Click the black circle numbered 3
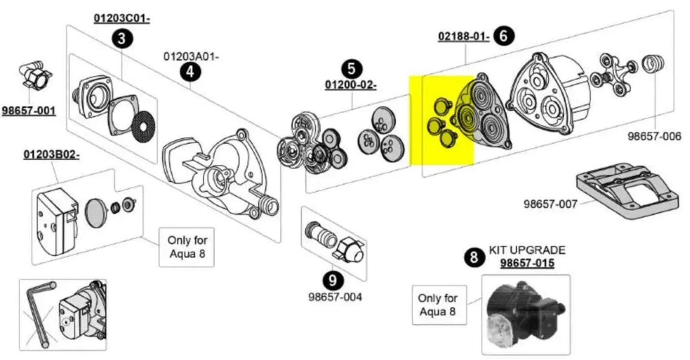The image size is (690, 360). tap(122, 39)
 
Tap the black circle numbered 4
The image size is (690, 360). tap(190, 72)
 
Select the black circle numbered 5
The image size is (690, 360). tap(352, 69)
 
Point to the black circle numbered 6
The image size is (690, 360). tap(504, 36)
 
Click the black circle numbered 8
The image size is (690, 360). tap(474, 257)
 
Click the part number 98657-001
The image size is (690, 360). tap(28, 110)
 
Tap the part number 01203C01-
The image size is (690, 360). tap(122, 18)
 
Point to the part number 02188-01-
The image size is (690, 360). tap(464, 36)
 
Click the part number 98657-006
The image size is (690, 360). tap(655, 136)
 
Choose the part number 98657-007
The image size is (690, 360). tap(550, 203)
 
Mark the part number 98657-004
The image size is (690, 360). tap(335, 297)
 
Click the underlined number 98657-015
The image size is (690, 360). tap(527, 263)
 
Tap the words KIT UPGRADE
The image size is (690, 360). tap(527, 250)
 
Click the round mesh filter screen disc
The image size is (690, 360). tap(143, 127)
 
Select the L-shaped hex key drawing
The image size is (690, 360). tap(41, 314)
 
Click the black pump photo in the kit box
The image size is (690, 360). tap(526, 315)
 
